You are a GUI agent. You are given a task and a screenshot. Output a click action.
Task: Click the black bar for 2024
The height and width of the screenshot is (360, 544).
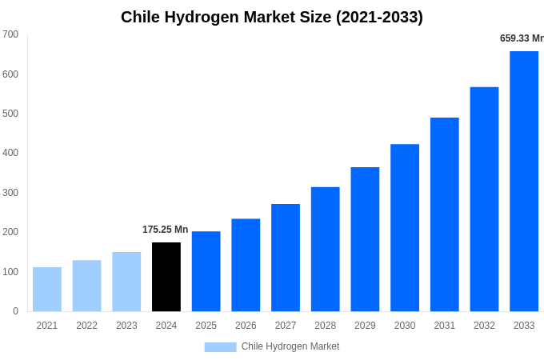(x=166, y=277)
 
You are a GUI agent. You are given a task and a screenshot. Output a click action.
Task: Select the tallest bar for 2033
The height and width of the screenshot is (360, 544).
(x=524, y=182)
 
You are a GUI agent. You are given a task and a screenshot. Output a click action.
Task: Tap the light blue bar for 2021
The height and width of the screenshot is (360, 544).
(x=47, y=289)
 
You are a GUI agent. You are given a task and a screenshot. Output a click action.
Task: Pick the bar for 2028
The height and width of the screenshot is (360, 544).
(x=326, y=249)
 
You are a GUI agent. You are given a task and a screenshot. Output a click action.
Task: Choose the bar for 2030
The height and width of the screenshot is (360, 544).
(x=405, y=228)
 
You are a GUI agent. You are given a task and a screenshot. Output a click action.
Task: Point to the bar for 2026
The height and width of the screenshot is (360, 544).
(x=246, y=265)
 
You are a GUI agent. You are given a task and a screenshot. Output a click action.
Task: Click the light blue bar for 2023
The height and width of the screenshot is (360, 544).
(x=126, y=282)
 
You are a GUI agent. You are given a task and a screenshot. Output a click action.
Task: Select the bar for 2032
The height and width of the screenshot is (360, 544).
(x=484, y=199)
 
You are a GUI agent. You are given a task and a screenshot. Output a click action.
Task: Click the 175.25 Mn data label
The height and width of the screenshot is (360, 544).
(x=165, y=230)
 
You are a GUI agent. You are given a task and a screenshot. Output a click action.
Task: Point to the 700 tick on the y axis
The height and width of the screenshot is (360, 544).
(x=10, y=34)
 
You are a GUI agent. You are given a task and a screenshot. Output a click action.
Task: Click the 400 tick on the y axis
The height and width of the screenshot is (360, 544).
(x=10, y=153)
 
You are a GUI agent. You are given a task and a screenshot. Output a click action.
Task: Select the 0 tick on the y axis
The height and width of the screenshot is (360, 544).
(x=15, y=311)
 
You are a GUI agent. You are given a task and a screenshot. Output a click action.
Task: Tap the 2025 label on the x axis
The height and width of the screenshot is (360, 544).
(x=206, y=326)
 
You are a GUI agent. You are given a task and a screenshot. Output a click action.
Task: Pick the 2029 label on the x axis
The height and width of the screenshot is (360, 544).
(x=365, y=326)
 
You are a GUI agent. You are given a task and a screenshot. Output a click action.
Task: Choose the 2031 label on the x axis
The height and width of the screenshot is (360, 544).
(x=445, y=326)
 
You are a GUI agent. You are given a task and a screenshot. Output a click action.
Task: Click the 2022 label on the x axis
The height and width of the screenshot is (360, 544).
(x=87, y=326)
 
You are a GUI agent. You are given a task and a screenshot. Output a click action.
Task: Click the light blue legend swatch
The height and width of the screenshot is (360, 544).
(x=220, y=346)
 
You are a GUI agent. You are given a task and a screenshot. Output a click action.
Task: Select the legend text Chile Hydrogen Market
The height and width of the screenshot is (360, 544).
(x=290, y=346)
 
